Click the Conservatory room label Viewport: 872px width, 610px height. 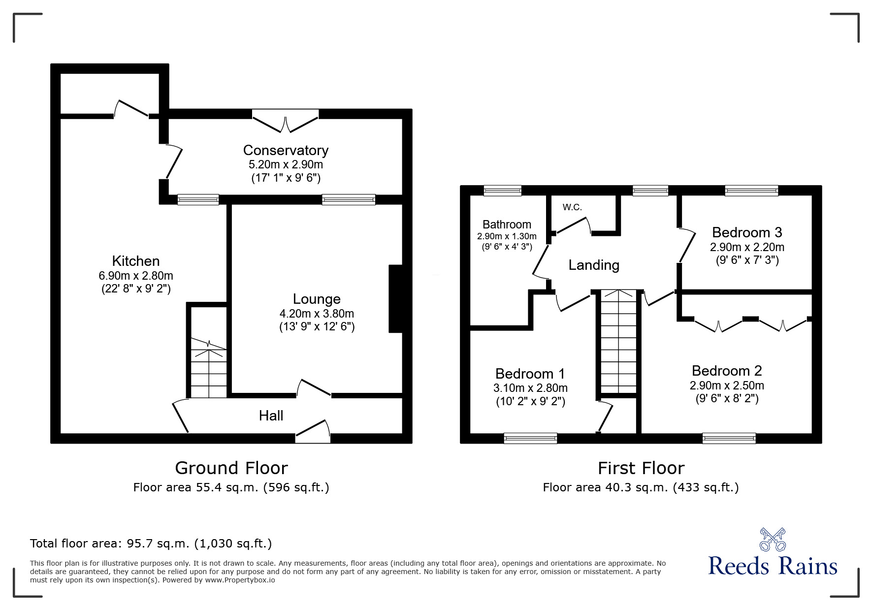(x=286, y=150)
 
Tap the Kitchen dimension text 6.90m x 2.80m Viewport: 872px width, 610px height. (x=136, y=276)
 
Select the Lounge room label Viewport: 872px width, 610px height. (x=317, y=299)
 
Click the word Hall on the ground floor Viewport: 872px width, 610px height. (x=271, y=416)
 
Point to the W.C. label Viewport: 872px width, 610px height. (x=572, y=207)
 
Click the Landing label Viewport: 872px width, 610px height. (x=594, y=265)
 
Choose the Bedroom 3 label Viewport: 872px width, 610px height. (x=747, y=232)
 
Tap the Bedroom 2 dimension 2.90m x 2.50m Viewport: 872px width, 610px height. (x=727, y=385)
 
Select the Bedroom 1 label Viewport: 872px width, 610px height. (x=530, y=374)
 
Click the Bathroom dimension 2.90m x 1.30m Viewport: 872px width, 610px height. (x=507, y=236)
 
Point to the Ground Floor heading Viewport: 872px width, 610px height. (x=231, y=468)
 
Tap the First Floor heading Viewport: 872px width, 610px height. (x=641, y=468)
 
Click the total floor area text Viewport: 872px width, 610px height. (x=151, y=544)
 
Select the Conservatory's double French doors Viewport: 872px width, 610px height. (x=286, y=120)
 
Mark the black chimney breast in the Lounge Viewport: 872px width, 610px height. (x=396, y=299)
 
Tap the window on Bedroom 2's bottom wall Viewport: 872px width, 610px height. (x=729, y=438)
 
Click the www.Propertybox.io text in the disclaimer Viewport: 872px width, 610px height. (x=240, y=580)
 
